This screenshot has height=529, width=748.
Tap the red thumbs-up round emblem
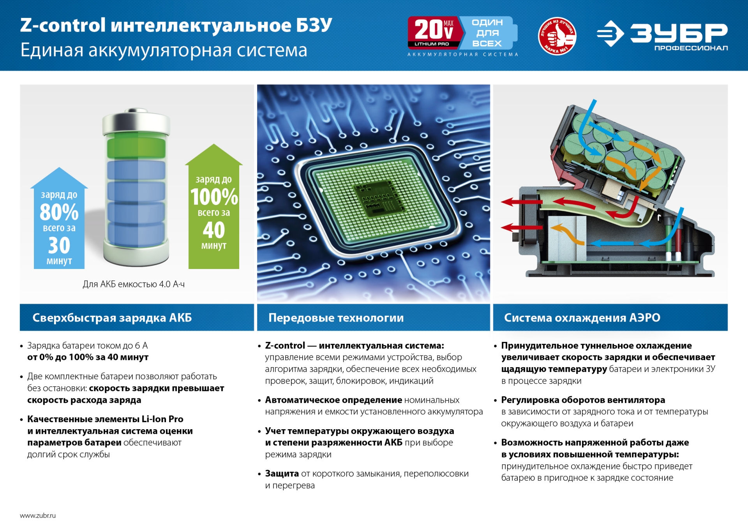tap(557, 36)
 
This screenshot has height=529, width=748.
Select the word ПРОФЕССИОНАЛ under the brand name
tap(691, 48)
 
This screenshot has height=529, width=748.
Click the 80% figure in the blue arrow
tap(59, 212)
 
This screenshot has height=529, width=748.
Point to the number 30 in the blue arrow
tap(59, 246)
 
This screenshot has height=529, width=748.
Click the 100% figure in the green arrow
tap(214, 197)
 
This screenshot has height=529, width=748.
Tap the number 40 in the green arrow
tap(214, 230)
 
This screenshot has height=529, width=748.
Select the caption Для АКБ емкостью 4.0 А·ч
tap(134, 284)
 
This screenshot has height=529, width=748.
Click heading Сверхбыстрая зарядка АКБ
tap(112, 318)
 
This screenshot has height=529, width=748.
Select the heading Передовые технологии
tap(336, 318)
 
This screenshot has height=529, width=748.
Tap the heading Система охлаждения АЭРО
tap(582, 318)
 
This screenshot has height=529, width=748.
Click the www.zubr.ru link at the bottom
tap(38, 515)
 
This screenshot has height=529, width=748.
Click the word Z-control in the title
tap(63, 25)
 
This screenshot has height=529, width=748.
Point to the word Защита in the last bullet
tap(282, 474)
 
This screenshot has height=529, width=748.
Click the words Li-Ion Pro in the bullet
tap(162, 419)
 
